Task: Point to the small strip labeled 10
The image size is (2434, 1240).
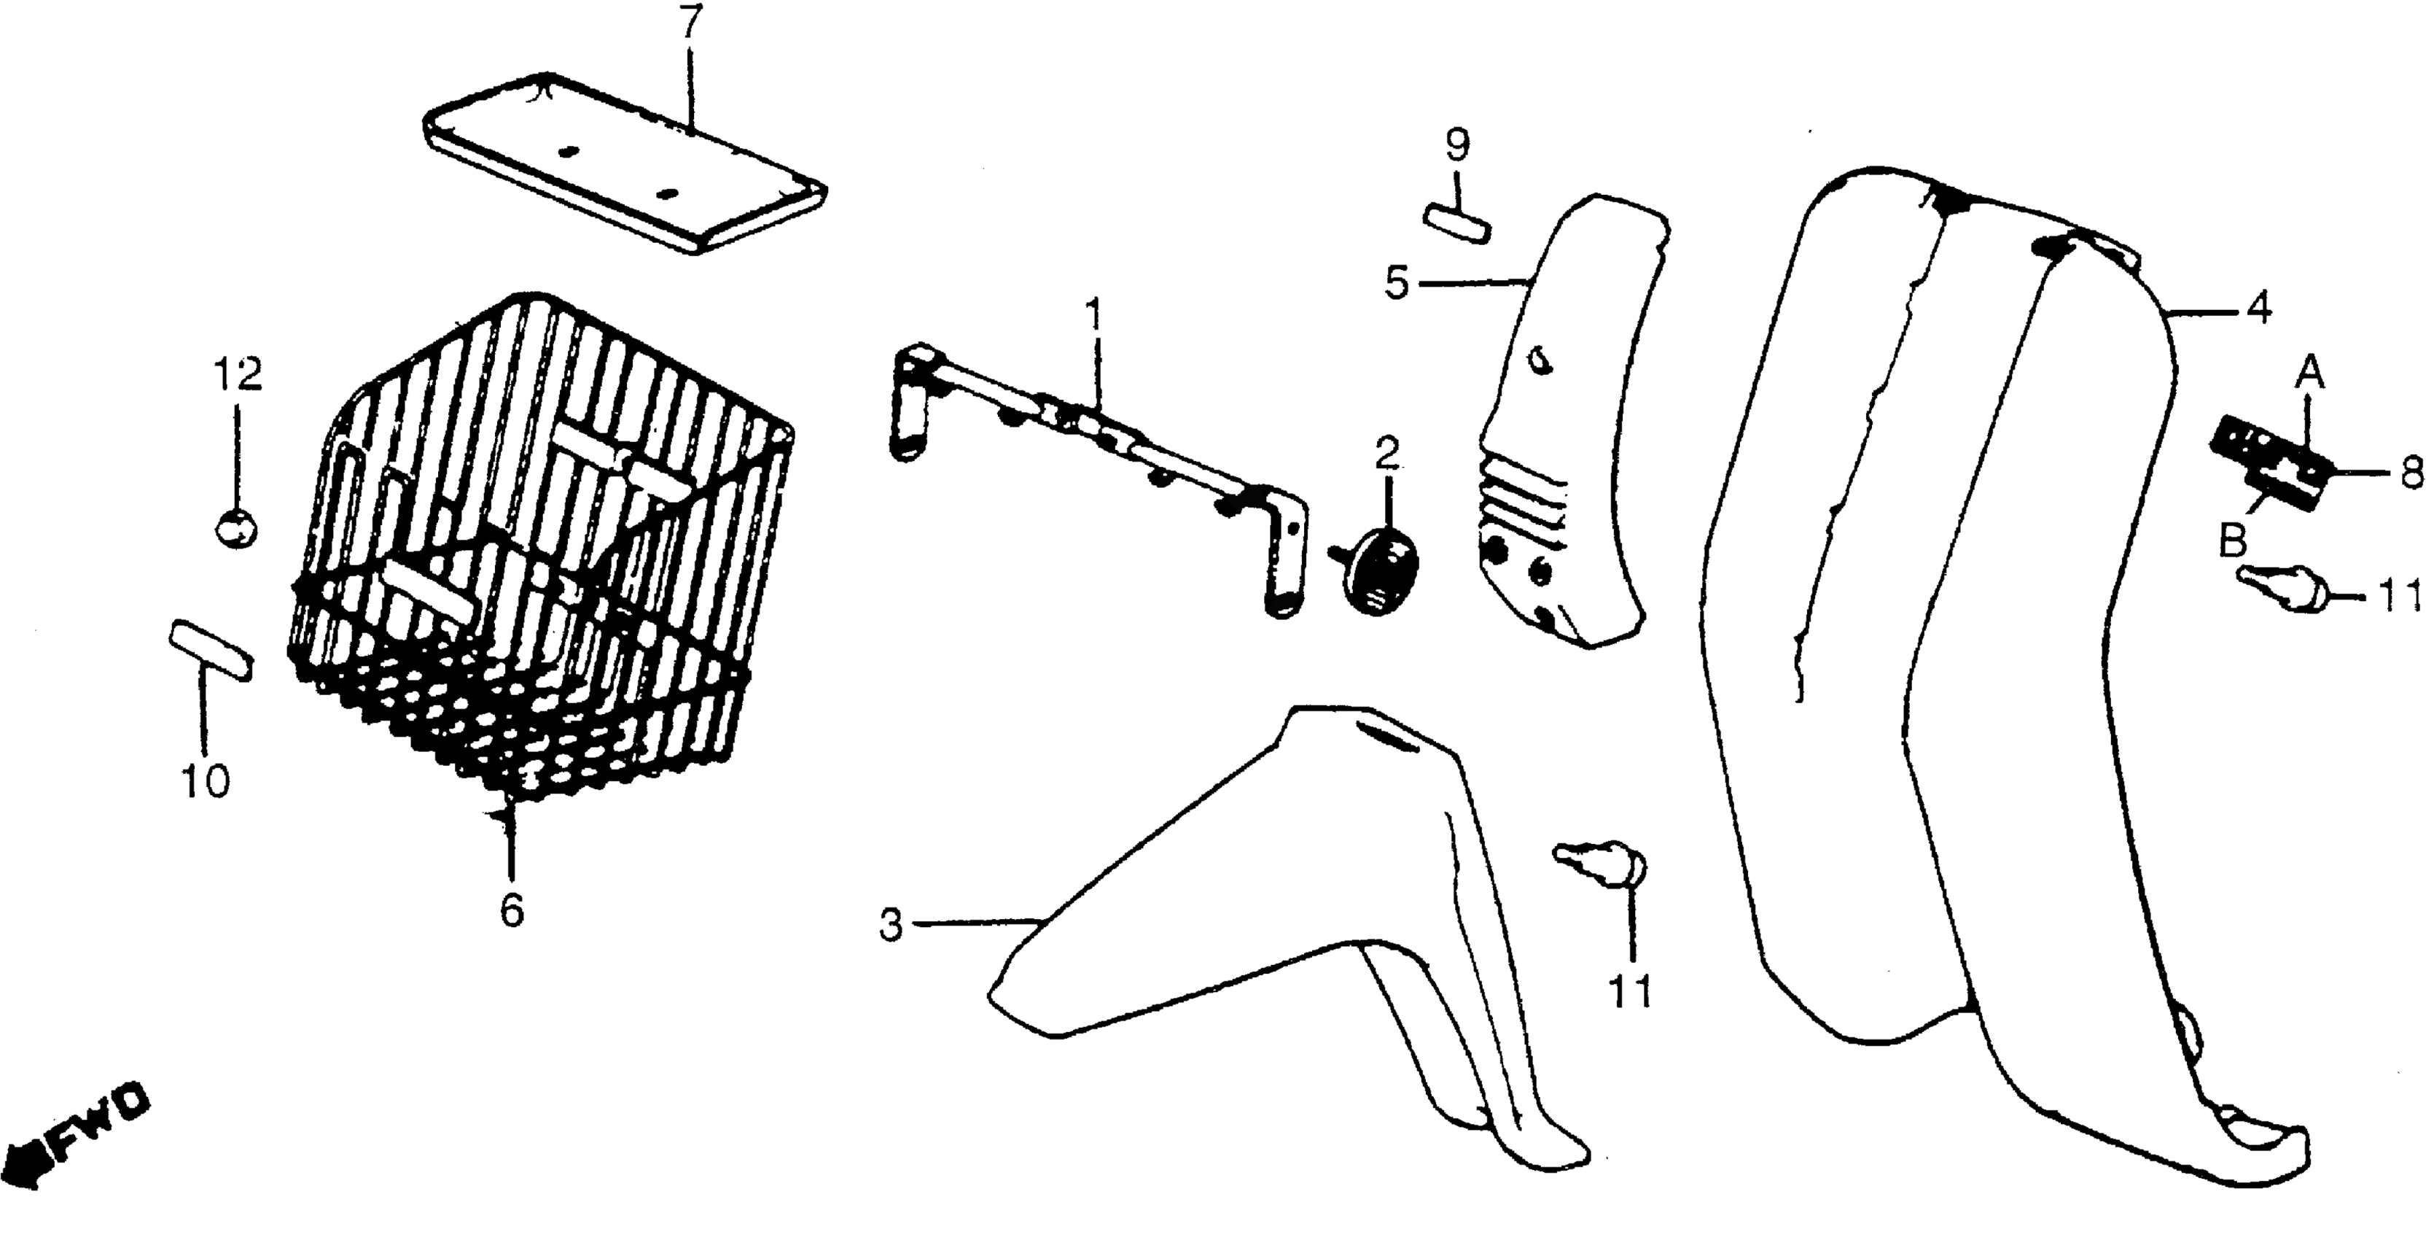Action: tap(211, 650)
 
